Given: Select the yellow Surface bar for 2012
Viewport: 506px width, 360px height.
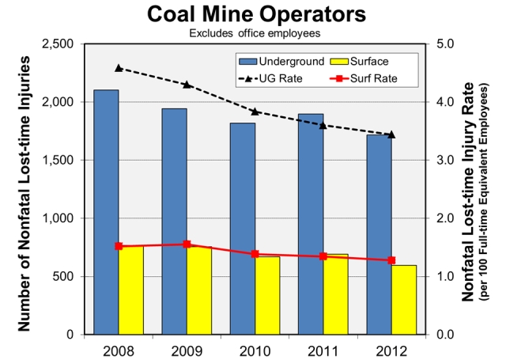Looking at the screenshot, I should pos(403,300).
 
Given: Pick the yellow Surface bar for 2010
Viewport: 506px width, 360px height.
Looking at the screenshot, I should pos(267,295).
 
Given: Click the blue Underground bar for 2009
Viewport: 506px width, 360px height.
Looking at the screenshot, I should pos(174,221).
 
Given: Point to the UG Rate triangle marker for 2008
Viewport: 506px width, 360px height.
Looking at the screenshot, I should pos(119,68).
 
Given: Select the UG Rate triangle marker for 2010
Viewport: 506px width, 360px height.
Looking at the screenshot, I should pos(255,112).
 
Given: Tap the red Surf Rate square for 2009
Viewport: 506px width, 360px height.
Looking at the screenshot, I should pos(187,244).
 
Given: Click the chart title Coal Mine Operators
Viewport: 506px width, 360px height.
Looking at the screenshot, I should pos(255,15).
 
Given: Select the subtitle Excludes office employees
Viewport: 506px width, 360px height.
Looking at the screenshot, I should pos(254,33).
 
